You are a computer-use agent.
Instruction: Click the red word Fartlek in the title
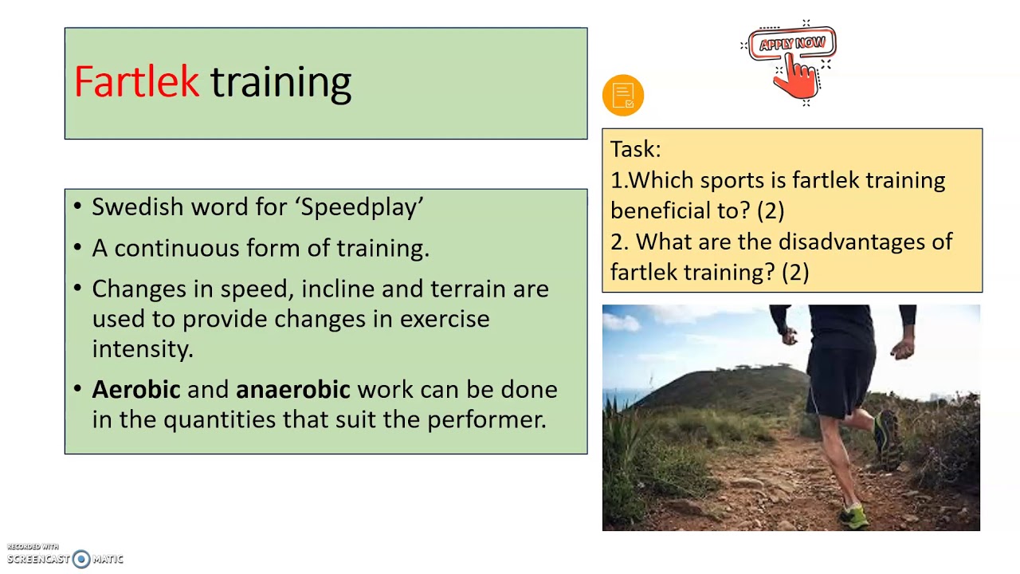point(136,82)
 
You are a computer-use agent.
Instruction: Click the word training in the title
point(280,82)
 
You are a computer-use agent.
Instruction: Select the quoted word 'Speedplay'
point(359,207)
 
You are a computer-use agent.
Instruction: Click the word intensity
point(142,349)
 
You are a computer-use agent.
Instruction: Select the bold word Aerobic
point(136,390)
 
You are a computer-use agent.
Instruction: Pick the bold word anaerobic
point(292,390)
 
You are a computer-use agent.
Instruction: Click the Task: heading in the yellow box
point(635,150)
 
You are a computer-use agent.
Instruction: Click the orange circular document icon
point(623,96)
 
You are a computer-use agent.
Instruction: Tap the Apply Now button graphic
point(792,44)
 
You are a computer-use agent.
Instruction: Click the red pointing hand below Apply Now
point(798,78)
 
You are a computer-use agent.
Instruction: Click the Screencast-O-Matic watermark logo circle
point(81,559)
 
